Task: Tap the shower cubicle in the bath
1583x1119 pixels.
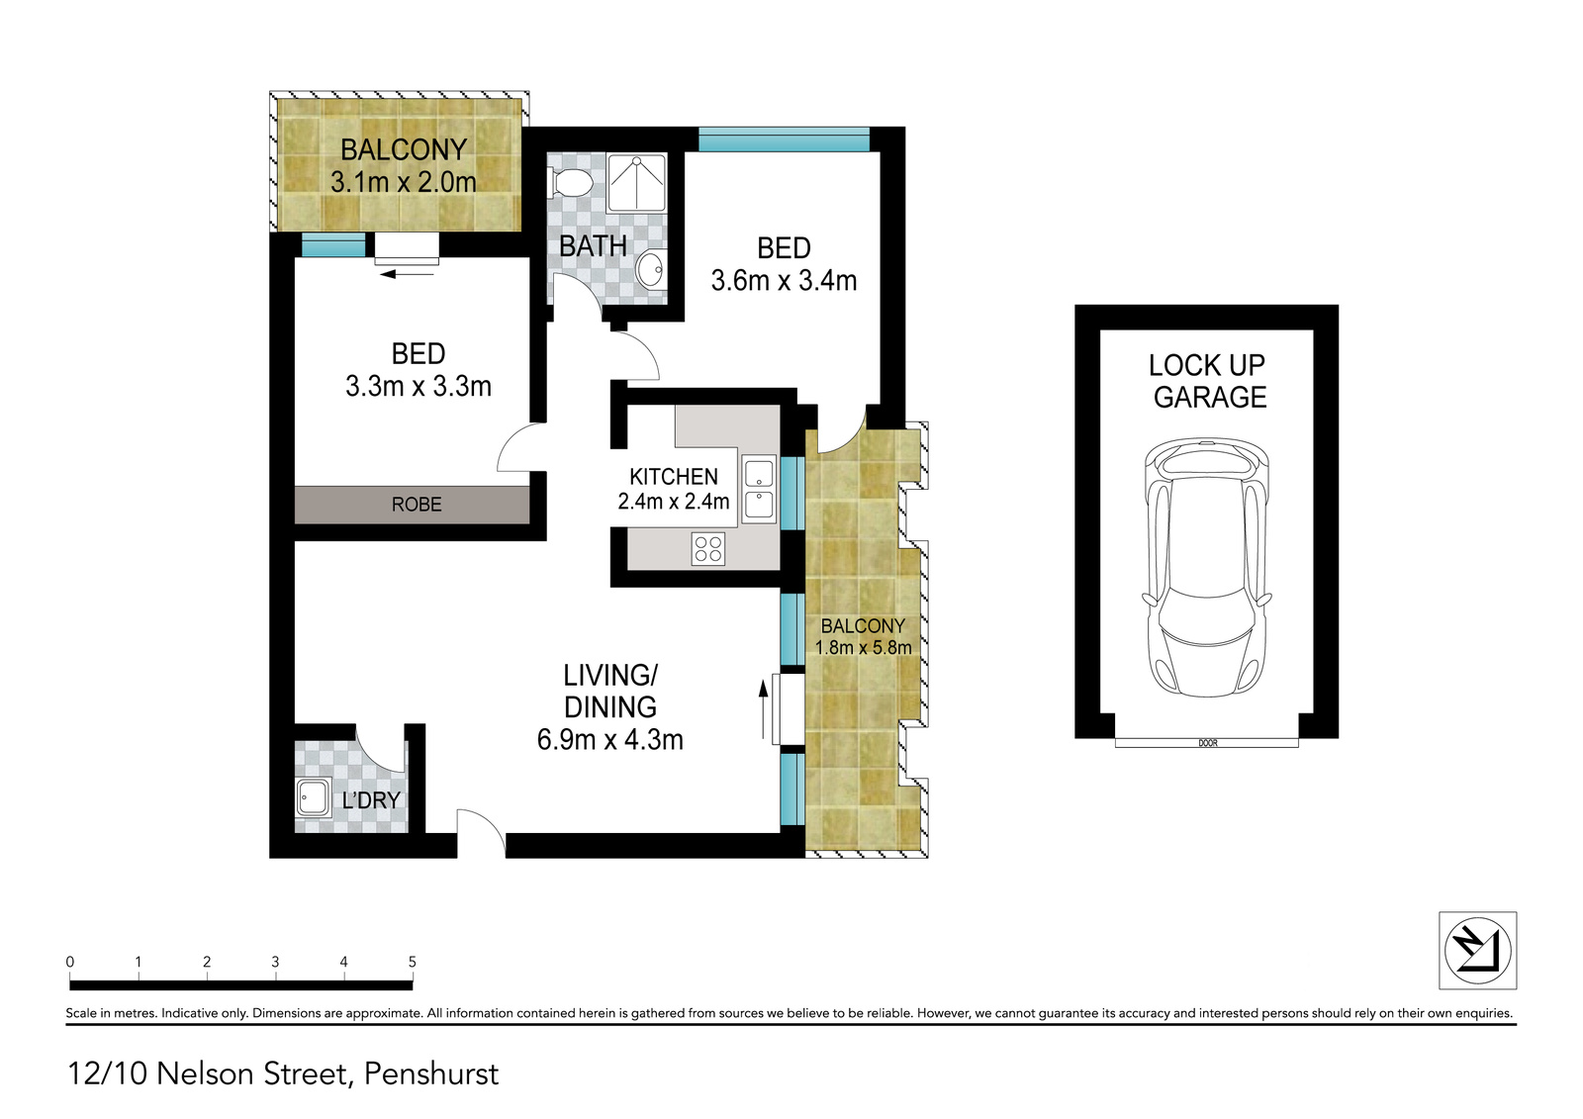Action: pos(637,182)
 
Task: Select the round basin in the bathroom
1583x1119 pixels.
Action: pos(649,269)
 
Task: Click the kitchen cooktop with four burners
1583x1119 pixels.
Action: pos(708,549)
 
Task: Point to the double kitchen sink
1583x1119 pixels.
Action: pos(759,490)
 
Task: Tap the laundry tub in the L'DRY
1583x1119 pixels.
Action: pos(314,798)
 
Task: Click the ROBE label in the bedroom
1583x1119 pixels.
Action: pos(417,505)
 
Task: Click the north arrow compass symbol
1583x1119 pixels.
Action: pos(1478,951)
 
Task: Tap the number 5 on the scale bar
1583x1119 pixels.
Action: pos(412,962)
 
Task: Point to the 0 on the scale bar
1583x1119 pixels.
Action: pos(70,962)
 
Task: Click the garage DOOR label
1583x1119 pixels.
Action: pos(1208,744)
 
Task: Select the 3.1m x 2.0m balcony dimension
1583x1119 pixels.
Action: pos(404,182)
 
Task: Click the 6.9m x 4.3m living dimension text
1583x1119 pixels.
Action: pos(609,740)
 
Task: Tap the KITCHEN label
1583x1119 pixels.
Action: pos(674,477)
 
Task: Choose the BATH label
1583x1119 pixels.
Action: pos(593,246)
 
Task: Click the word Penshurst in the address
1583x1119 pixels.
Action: pos(431,1073)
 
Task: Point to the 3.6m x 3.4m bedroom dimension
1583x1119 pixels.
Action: pos(784,281)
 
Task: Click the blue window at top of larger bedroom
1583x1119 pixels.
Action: pos(784,140)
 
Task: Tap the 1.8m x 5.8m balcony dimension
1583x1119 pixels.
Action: pos(863,647)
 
